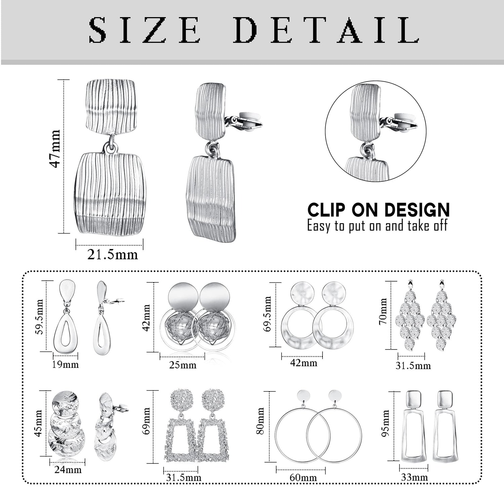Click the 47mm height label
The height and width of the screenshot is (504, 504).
click(55, 149)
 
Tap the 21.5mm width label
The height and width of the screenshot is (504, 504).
click(113, 255)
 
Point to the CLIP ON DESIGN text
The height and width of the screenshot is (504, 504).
click(379, 210)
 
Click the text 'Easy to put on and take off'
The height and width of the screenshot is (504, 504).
click(377, 226)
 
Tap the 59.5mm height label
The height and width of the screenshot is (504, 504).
click(40, 317)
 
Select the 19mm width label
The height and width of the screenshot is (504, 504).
click(65, 364)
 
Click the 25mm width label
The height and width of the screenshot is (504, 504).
click(182, 365)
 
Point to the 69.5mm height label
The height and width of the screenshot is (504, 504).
click(268, 314)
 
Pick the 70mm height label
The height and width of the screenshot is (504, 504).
click(383, 311)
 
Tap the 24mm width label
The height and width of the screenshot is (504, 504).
click(68, 469)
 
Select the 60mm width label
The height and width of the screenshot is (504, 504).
click(303, 477)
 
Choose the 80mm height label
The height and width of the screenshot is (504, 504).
click(260, 421)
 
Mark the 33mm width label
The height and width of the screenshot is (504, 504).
click(414, 477)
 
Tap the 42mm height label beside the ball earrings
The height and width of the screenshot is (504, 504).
click(146, 318)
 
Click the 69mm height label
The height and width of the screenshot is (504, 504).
click(146, 421)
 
